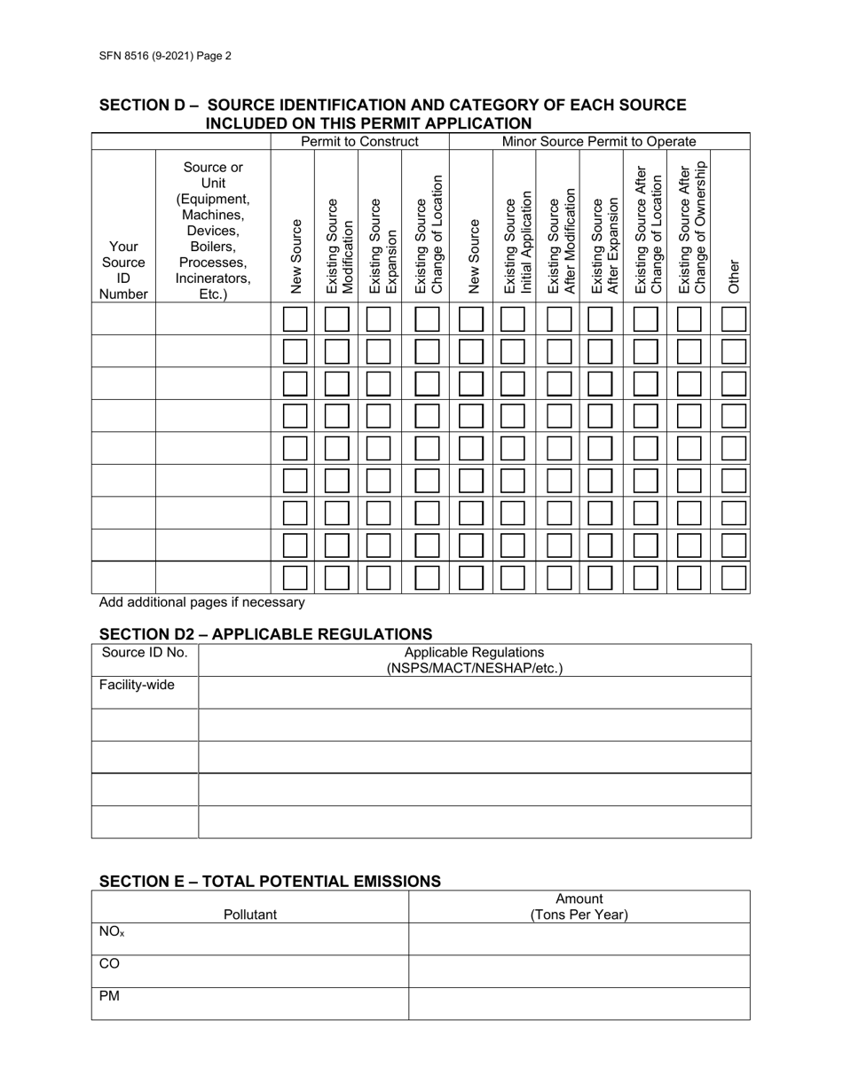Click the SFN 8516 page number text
[x=165, y=55]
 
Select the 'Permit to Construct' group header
[x=359, y=142]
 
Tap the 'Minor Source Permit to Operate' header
[x=599, y=142]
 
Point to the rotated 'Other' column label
[x=733, y=276]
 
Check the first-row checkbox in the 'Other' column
[x=733, y=319]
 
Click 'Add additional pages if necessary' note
[x=202, y=603]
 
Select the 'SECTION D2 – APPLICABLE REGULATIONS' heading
[x=265, y=633]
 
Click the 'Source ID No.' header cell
[x=145, y=654]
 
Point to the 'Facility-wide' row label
[x=137, y=686]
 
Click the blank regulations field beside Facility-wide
[x=474, y=692]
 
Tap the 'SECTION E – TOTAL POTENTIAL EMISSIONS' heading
[x=270, y=881]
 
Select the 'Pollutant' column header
[x=250, y=914]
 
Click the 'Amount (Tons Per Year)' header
[x=579, y=907]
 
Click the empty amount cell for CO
[x=579, y=971]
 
